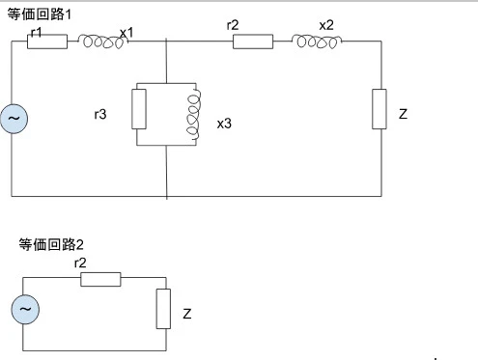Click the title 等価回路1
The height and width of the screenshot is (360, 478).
pos(40,14)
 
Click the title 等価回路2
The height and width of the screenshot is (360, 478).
pos(51,244)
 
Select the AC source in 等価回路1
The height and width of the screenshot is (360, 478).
pos(14,119)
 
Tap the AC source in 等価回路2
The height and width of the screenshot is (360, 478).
pos(25,309)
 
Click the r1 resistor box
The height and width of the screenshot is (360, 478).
pos(47,42)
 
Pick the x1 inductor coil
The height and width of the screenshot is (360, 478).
pos(102,42)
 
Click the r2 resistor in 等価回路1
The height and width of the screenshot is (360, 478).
pos(253,42)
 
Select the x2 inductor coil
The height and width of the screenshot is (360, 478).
pos(317,42)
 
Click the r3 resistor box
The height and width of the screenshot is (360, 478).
pos(139,109)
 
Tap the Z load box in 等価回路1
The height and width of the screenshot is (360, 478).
pos(380,109)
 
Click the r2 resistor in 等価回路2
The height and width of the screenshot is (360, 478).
pos(100,279)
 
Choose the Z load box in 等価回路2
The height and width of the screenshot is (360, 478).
pos(163,309)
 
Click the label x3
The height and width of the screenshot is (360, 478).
pos(224,124)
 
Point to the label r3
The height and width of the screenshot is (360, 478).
pos(100,114)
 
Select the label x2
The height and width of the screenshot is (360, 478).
pos(326,25)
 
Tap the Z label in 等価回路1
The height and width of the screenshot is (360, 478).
pos(403,114)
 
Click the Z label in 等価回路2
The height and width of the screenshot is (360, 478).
pos(187,314)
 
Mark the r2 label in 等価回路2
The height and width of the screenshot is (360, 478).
pos(80,263)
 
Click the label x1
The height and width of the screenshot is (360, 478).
pos(127,33)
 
